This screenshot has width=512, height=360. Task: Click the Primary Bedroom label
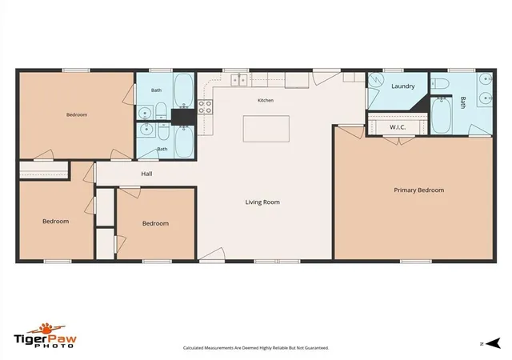(418, 190)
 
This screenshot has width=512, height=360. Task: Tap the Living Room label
(262, 202)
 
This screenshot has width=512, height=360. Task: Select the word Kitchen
(266, 100)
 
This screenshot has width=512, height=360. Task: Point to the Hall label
(146, 174)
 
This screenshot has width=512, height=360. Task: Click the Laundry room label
(403, 86)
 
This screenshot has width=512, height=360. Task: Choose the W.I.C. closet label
(398, 127)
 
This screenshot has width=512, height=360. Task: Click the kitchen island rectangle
(266, 129)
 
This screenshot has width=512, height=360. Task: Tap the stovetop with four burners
(205, 107)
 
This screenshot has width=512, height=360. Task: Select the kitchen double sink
(239, 80)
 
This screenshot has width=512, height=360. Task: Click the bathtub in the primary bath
(441, 114)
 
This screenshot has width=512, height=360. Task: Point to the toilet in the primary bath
(440, 84)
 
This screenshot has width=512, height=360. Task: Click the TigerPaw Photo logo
(45, 335)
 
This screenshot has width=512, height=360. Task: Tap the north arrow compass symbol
(493, 343)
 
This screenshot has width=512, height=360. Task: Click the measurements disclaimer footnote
(256, 348)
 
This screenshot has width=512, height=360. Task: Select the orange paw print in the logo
(46, 328)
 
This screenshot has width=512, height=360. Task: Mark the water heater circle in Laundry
(376, 81)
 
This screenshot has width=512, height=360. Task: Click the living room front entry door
(212, 254)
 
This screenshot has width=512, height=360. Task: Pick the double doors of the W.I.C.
(398, 141)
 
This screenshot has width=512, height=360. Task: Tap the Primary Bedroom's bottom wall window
(416, 262)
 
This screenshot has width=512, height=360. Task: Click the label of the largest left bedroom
(77, 114)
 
